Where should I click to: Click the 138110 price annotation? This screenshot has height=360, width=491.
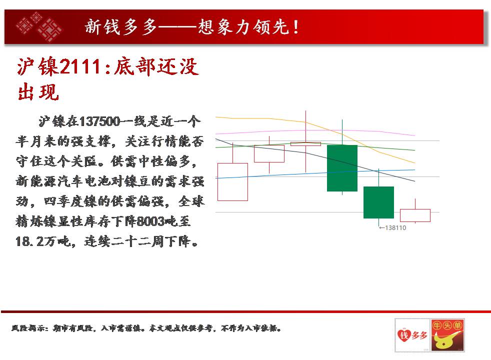click(x=392, y=228)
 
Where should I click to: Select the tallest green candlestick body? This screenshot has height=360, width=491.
click(x=342, y=168)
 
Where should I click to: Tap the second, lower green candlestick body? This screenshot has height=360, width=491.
click(x=378, y=202)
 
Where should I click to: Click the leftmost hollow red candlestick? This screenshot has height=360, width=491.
click(x=232, y=182)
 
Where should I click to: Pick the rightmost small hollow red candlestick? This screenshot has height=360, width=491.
click(x=415, y=215)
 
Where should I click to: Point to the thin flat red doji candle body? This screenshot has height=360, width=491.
click(x=305, y=144)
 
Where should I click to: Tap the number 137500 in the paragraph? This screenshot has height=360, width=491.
click(x=100, y=121)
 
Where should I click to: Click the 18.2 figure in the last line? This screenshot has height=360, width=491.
click(x=29, y=241)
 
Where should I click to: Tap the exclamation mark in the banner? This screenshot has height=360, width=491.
click(x=296, y=26)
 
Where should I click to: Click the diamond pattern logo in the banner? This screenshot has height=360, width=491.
click(x=39, y=26)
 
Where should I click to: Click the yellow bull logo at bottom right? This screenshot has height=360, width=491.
click(x=447, y=335)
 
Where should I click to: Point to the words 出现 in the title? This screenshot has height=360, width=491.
click(x=38, y=92)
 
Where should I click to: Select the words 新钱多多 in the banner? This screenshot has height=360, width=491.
click(x=121, y=26)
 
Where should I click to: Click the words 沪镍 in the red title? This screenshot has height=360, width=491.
click(x=38, y=66)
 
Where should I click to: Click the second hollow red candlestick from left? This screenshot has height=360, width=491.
click(x=269, y=153)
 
